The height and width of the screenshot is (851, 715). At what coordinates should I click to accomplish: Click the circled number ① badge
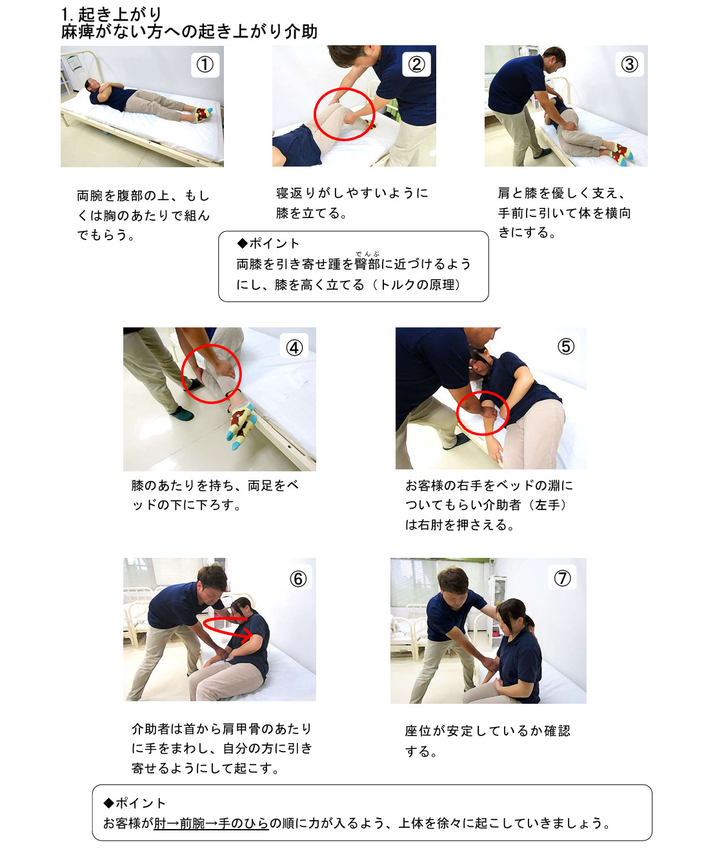coord(205,65)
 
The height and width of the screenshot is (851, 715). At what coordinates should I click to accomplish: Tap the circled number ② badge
coord(417,64)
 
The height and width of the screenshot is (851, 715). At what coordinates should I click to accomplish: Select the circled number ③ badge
coord(629,64)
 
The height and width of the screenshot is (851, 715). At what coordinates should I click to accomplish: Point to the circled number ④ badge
coord(294,347)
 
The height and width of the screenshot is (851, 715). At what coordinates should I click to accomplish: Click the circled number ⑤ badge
coord(566,346)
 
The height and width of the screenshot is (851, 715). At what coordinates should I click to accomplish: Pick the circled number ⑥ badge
coord(298,579)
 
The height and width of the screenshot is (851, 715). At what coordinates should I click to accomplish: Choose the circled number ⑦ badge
coord(563,578)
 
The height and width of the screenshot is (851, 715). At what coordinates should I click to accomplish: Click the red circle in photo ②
coord(344,114)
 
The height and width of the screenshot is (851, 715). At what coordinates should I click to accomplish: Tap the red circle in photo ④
coord(211,374)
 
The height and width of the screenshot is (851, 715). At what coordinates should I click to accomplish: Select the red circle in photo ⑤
coord(483,413)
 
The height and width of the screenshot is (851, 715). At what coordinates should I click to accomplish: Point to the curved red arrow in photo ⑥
coord(228,628)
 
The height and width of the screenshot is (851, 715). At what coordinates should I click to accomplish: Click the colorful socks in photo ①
coord(203,114)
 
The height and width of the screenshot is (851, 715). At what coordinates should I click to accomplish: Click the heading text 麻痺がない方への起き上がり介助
coord(189,32)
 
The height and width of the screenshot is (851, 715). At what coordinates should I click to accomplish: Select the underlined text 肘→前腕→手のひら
coord(211,823)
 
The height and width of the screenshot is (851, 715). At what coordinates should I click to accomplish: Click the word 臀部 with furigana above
coord(367,264)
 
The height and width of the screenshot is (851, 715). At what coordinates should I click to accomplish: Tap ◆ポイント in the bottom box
coord(135,803)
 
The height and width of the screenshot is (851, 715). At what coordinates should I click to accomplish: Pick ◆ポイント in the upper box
coord(268,243)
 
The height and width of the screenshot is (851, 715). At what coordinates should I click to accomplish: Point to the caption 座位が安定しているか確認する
coord(487,740)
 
